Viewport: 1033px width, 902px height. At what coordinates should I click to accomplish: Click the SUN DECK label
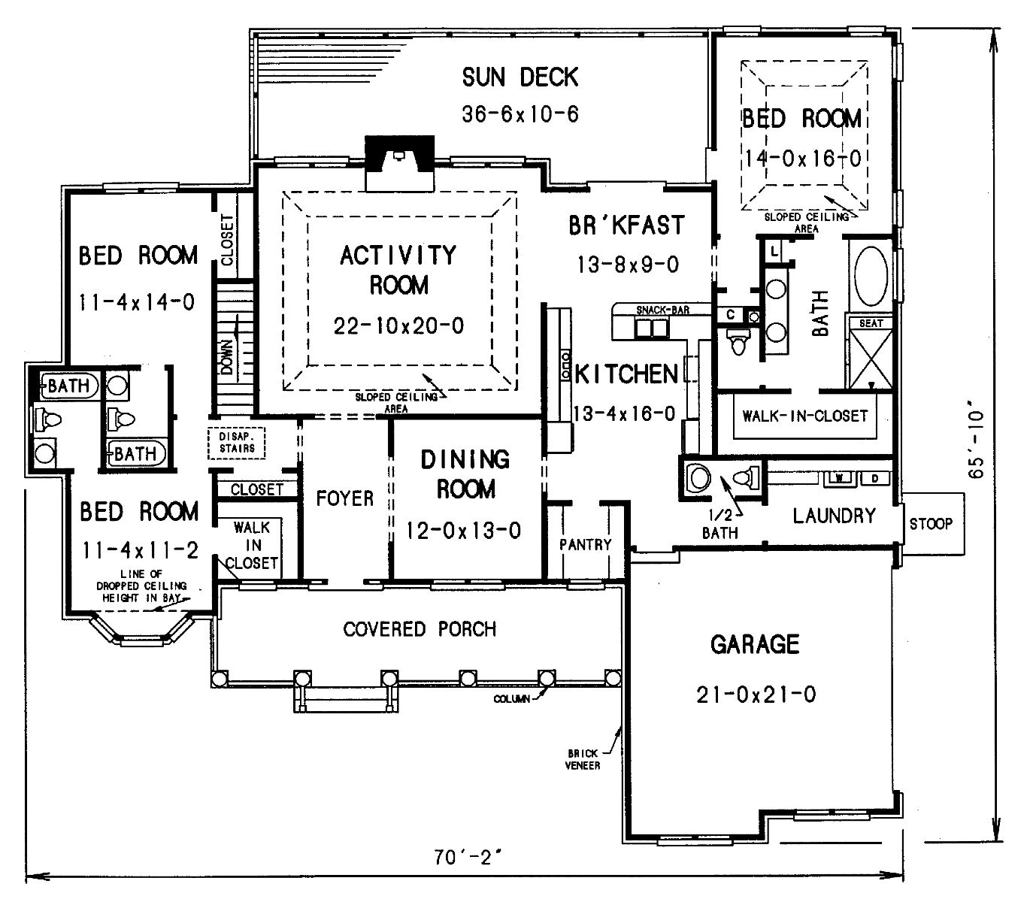[x=520, y=77]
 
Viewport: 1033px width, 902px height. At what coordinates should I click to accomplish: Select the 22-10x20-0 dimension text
[x=399, y=326]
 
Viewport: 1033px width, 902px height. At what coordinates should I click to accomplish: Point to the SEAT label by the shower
[x=871, y=323]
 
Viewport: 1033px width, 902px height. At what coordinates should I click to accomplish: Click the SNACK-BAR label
[x=662, y=310]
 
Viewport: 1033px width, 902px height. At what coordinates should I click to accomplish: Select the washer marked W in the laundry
[x=839, y=478]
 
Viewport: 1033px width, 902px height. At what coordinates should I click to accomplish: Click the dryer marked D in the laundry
[x=875, y=478]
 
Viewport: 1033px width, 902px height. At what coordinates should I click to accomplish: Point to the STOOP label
[x=931, y=523]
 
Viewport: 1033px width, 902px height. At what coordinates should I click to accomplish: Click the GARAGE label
[x=755, y=644]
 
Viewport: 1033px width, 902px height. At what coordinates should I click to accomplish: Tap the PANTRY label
[x=585, y=545]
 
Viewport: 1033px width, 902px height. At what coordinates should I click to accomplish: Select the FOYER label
[x=345, y=498]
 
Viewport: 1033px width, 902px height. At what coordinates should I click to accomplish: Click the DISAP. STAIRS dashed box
[x=237, y=443]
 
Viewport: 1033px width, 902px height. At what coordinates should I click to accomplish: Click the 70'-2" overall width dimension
[x=468, y=857]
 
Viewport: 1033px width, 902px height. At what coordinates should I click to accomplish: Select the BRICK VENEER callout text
[x=583, y=760]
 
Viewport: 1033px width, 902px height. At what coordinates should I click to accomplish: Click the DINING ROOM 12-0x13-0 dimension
[x=463, y=531]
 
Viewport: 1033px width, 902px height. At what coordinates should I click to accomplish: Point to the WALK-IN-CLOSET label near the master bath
[x=804, y=416]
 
